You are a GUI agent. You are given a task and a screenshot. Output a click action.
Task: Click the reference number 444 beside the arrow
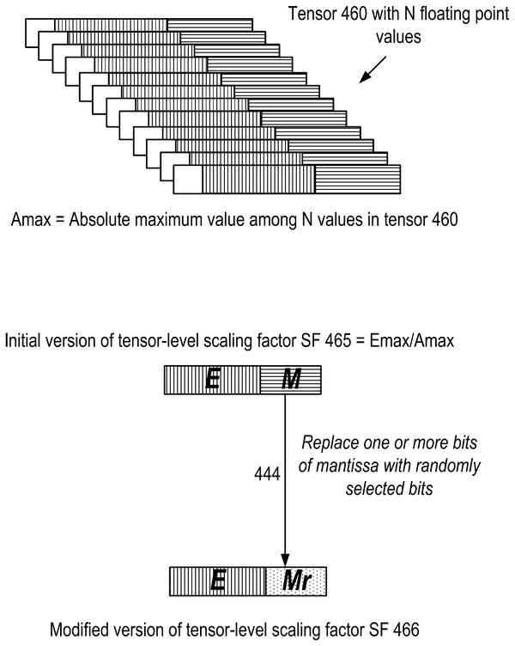pos(267,474)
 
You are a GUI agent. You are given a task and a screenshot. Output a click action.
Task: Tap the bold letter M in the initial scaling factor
pos(291,379)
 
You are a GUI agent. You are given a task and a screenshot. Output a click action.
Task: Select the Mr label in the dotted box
pos(296,581)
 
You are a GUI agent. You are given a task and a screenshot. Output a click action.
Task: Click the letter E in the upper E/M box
pos(212,379)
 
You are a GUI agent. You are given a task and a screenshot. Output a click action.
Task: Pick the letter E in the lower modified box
pos(218,581)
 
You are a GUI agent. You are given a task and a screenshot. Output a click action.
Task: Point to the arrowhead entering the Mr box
pos(285,561)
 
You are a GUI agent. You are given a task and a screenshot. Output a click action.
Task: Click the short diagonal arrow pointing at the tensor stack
pos(373,70)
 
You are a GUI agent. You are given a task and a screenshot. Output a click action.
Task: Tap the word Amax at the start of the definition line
pos(31,219)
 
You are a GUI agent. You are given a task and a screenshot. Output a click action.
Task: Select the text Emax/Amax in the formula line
pos(412,341)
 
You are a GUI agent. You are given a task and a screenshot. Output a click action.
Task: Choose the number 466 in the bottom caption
pos(406,630)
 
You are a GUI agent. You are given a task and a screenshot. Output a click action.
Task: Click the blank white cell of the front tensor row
pos(188,180)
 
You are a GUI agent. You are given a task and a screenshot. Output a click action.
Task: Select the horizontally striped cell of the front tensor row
pos(358,180)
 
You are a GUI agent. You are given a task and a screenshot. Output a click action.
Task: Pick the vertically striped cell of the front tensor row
pos(258,180)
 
